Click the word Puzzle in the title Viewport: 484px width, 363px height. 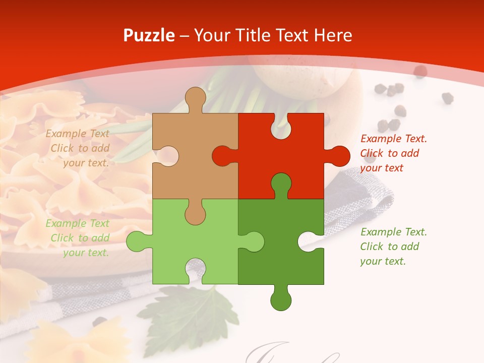point(149,35)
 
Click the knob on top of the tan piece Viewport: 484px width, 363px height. point(195,98)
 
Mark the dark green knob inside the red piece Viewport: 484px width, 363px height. point(281,184)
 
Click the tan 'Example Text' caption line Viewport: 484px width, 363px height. point(77,134)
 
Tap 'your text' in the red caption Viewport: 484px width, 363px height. point(382,168)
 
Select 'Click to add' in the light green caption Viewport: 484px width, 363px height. point(80,238)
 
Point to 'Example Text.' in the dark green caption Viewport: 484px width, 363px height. point(393,232)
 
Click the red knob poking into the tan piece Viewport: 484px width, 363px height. point(223,156)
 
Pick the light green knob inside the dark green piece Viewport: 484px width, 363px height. point(253,241)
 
